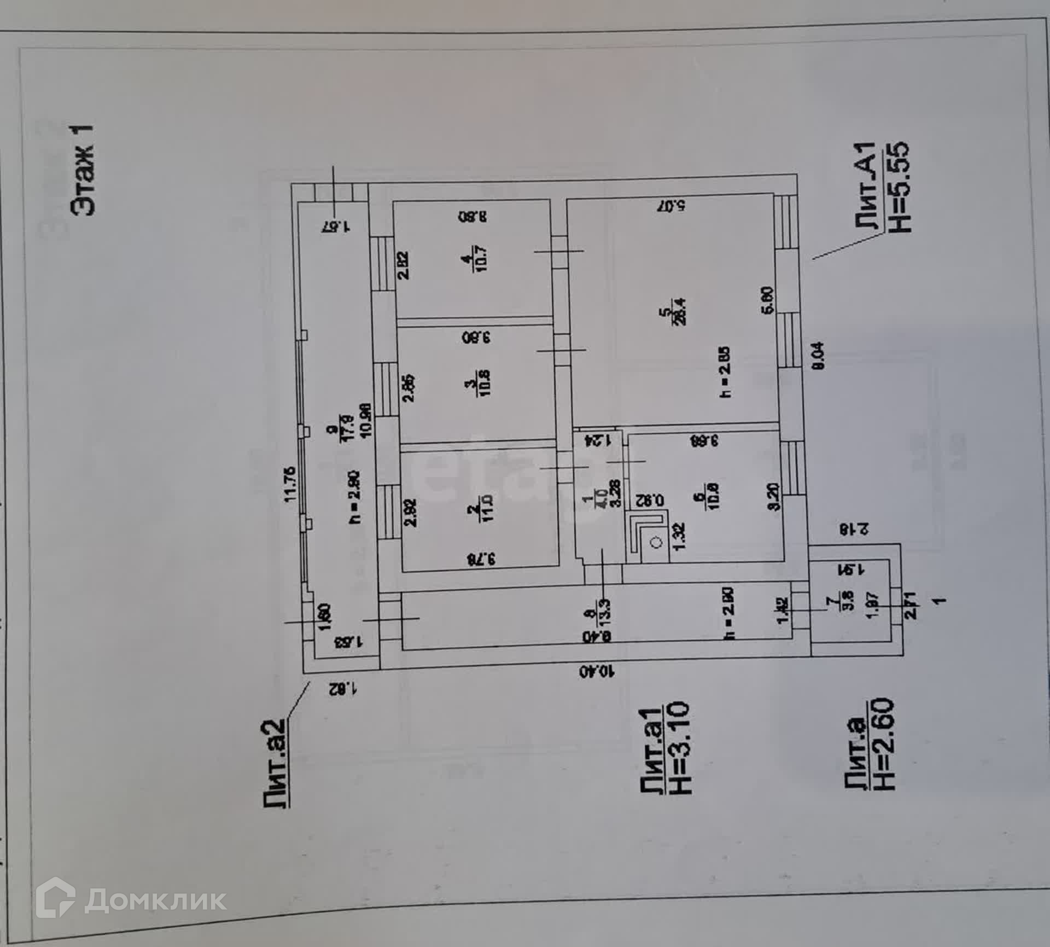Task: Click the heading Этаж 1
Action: [83, 169]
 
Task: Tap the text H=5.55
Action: [898, 188]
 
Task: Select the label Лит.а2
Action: [275, 763]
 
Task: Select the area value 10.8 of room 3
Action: [485, 383]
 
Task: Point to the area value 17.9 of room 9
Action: [348, 427]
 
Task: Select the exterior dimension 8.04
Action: [819, 357]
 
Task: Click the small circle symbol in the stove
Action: [657, 543]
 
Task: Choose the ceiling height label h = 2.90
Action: [354, 497]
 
